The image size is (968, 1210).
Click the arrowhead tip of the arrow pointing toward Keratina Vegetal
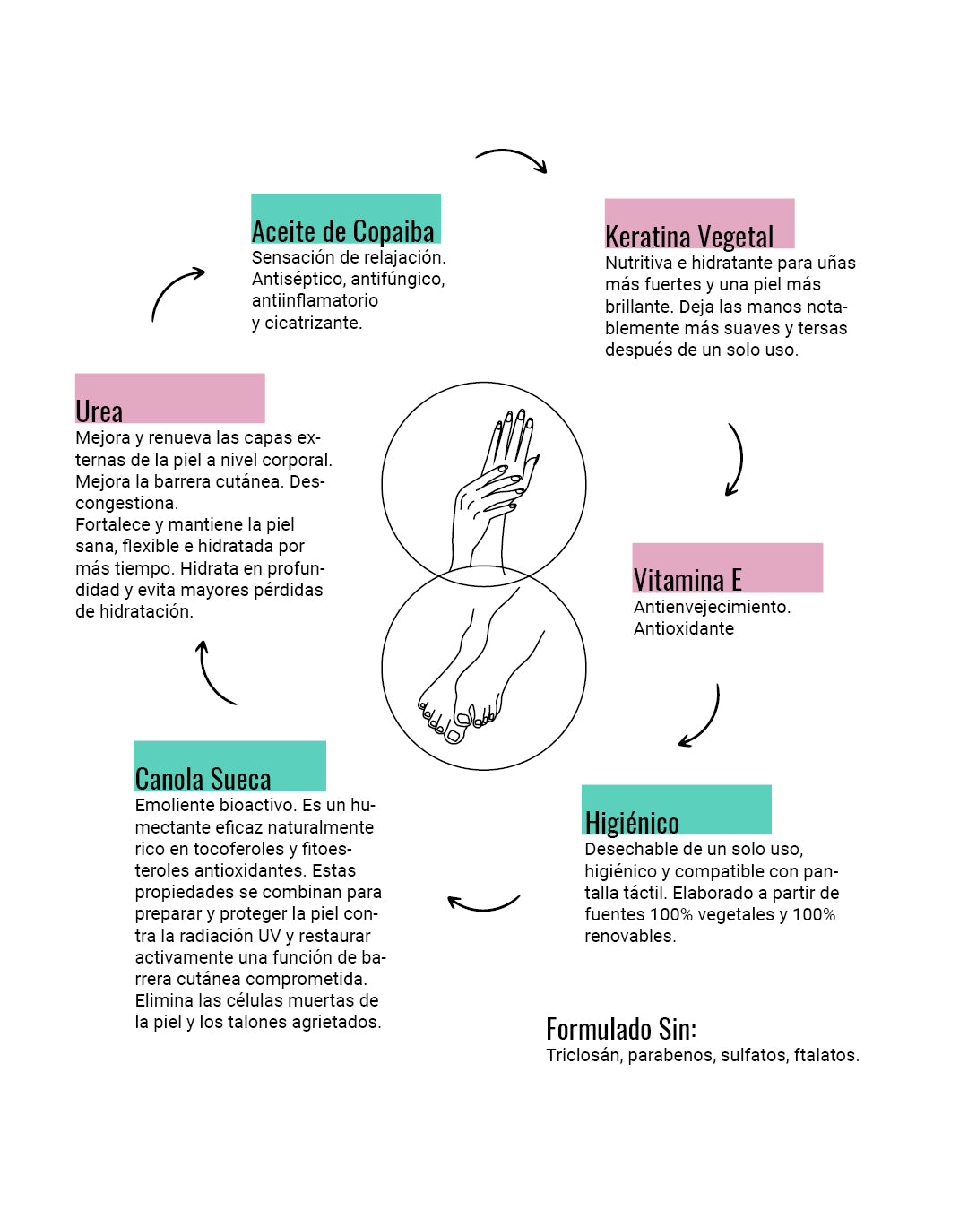[x=546, y=173]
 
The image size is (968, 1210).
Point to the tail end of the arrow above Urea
[x=152, y=321]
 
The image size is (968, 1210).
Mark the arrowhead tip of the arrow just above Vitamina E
[x=727, y=496]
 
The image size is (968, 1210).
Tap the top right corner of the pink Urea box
[x=264, y=374]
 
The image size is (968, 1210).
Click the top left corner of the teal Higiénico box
[x=582, y=785]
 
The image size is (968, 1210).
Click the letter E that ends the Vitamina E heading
[x=736, y=580]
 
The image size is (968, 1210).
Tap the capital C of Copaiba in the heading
[x=360, y=231]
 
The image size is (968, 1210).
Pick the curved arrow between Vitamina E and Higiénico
[x=700, y=715]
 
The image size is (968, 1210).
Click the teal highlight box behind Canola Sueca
[x=230, y=765]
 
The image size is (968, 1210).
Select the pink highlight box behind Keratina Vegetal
[x=700, y=223]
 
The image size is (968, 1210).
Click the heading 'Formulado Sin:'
[x=621, y=1029]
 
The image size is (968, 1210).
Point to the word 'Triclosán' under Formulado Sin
[x=583, y=1055]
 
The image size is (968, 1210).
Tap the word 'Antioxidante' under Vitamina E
[x=683, y=628]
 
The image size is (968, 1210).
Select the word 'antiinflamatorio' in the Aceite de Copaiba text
[x=315, y=300]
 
